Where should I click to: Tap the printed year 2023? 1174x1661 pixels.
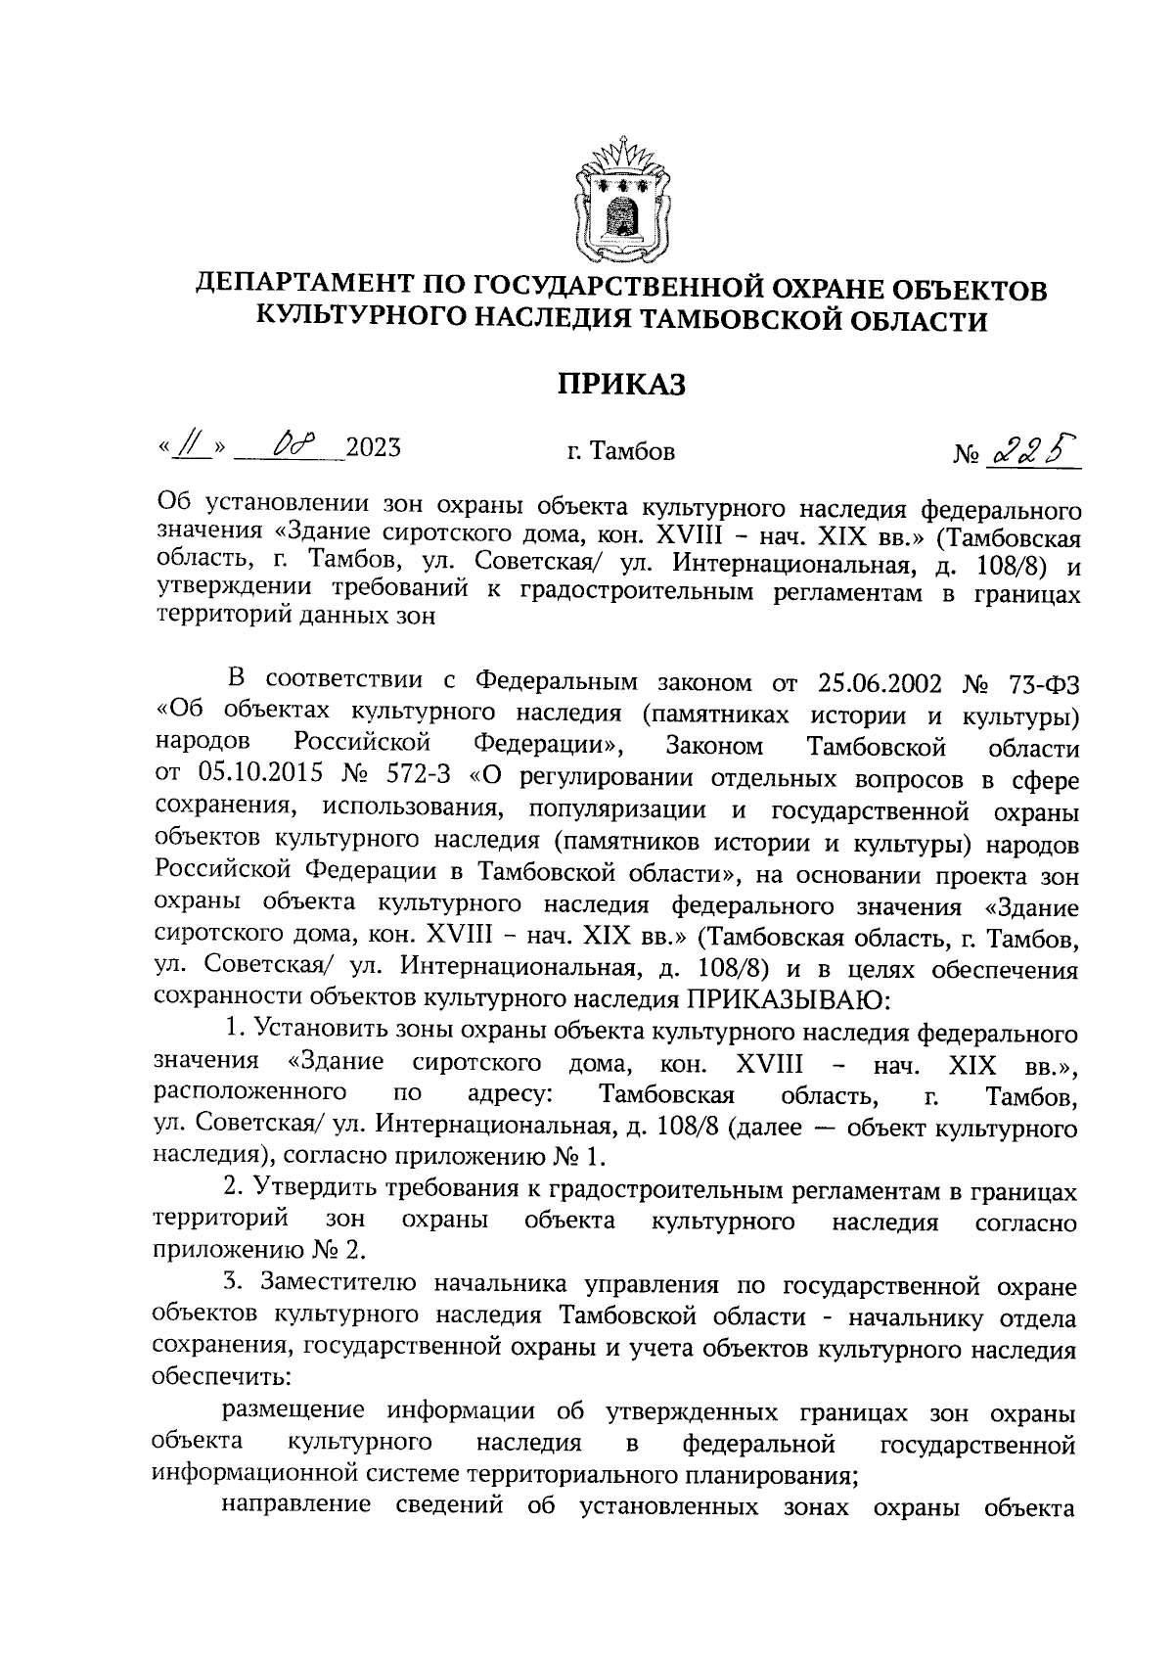point(373,450)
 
